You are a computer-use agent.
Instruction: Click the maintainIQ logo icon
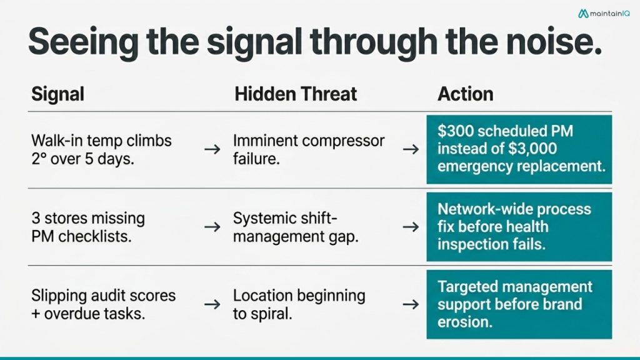(x=583, y=14)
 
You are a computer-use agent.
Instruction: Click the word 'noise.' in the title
(x=554, y=42)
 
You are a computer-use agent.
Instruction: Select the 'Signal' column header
(x=58, y=94)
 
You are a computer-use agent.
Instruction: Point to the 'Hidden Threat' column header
(x=296, y=94)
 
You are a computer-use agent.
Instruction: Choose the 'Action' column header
(x=465, y=94)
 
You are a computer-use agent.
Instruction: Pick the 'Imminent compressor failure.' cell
(x=309, y=150)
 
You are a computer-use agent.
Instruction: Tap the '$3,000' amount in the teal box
(x=532, y=148)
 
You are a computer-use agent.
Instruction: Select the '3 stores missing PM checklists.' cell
(x=88, y=227)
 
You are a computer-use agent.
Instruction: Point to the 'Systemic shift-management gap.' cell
(x=296, y=227)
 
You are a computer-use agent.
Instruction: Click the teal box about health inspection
(x=519, y=227)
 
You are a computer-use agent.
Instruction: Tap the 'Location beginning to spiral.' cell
(x=299, y=304)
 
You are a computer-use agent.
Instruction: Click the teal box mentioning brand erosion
(x=519, y=304)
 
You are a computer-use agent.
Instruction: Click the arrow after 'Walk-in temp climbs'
(x=212, y=150)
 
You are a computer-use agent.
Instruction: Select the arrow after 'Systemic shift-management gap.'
(x=411, y=227)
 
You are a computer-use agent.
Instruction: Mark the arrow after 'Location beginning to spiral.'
(x=411, y=304)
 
